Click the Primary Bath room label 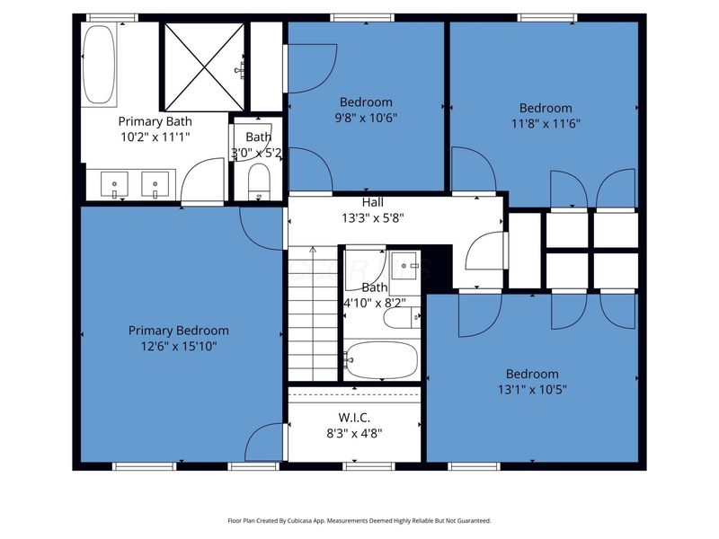(x=155, y=120)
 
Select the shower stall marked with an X (x=203, y=64)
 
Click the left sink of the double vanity (x=114, y=184)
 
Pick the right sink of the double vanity (x=155, y=184)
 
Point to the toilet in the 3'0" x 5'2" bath (x=257, y=181)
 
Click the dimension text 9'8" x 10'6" (x=366, y=117)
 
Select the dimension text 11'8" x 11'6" (x=546, y=123)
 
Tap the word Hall (x=373, y=202)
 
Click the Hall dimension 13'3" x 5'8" (x=373, y=216)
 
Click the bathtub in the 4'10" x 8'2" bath (x=381, y=359)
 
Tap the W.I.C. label (x=354, y=417)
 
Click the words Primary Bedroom (x=178, y=331)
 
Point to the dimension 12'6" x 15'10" (x=178, y=345)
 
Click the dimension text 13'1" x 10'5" (x=531, y=389)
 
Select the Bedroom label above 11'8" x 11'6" (x=546, y=109)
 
